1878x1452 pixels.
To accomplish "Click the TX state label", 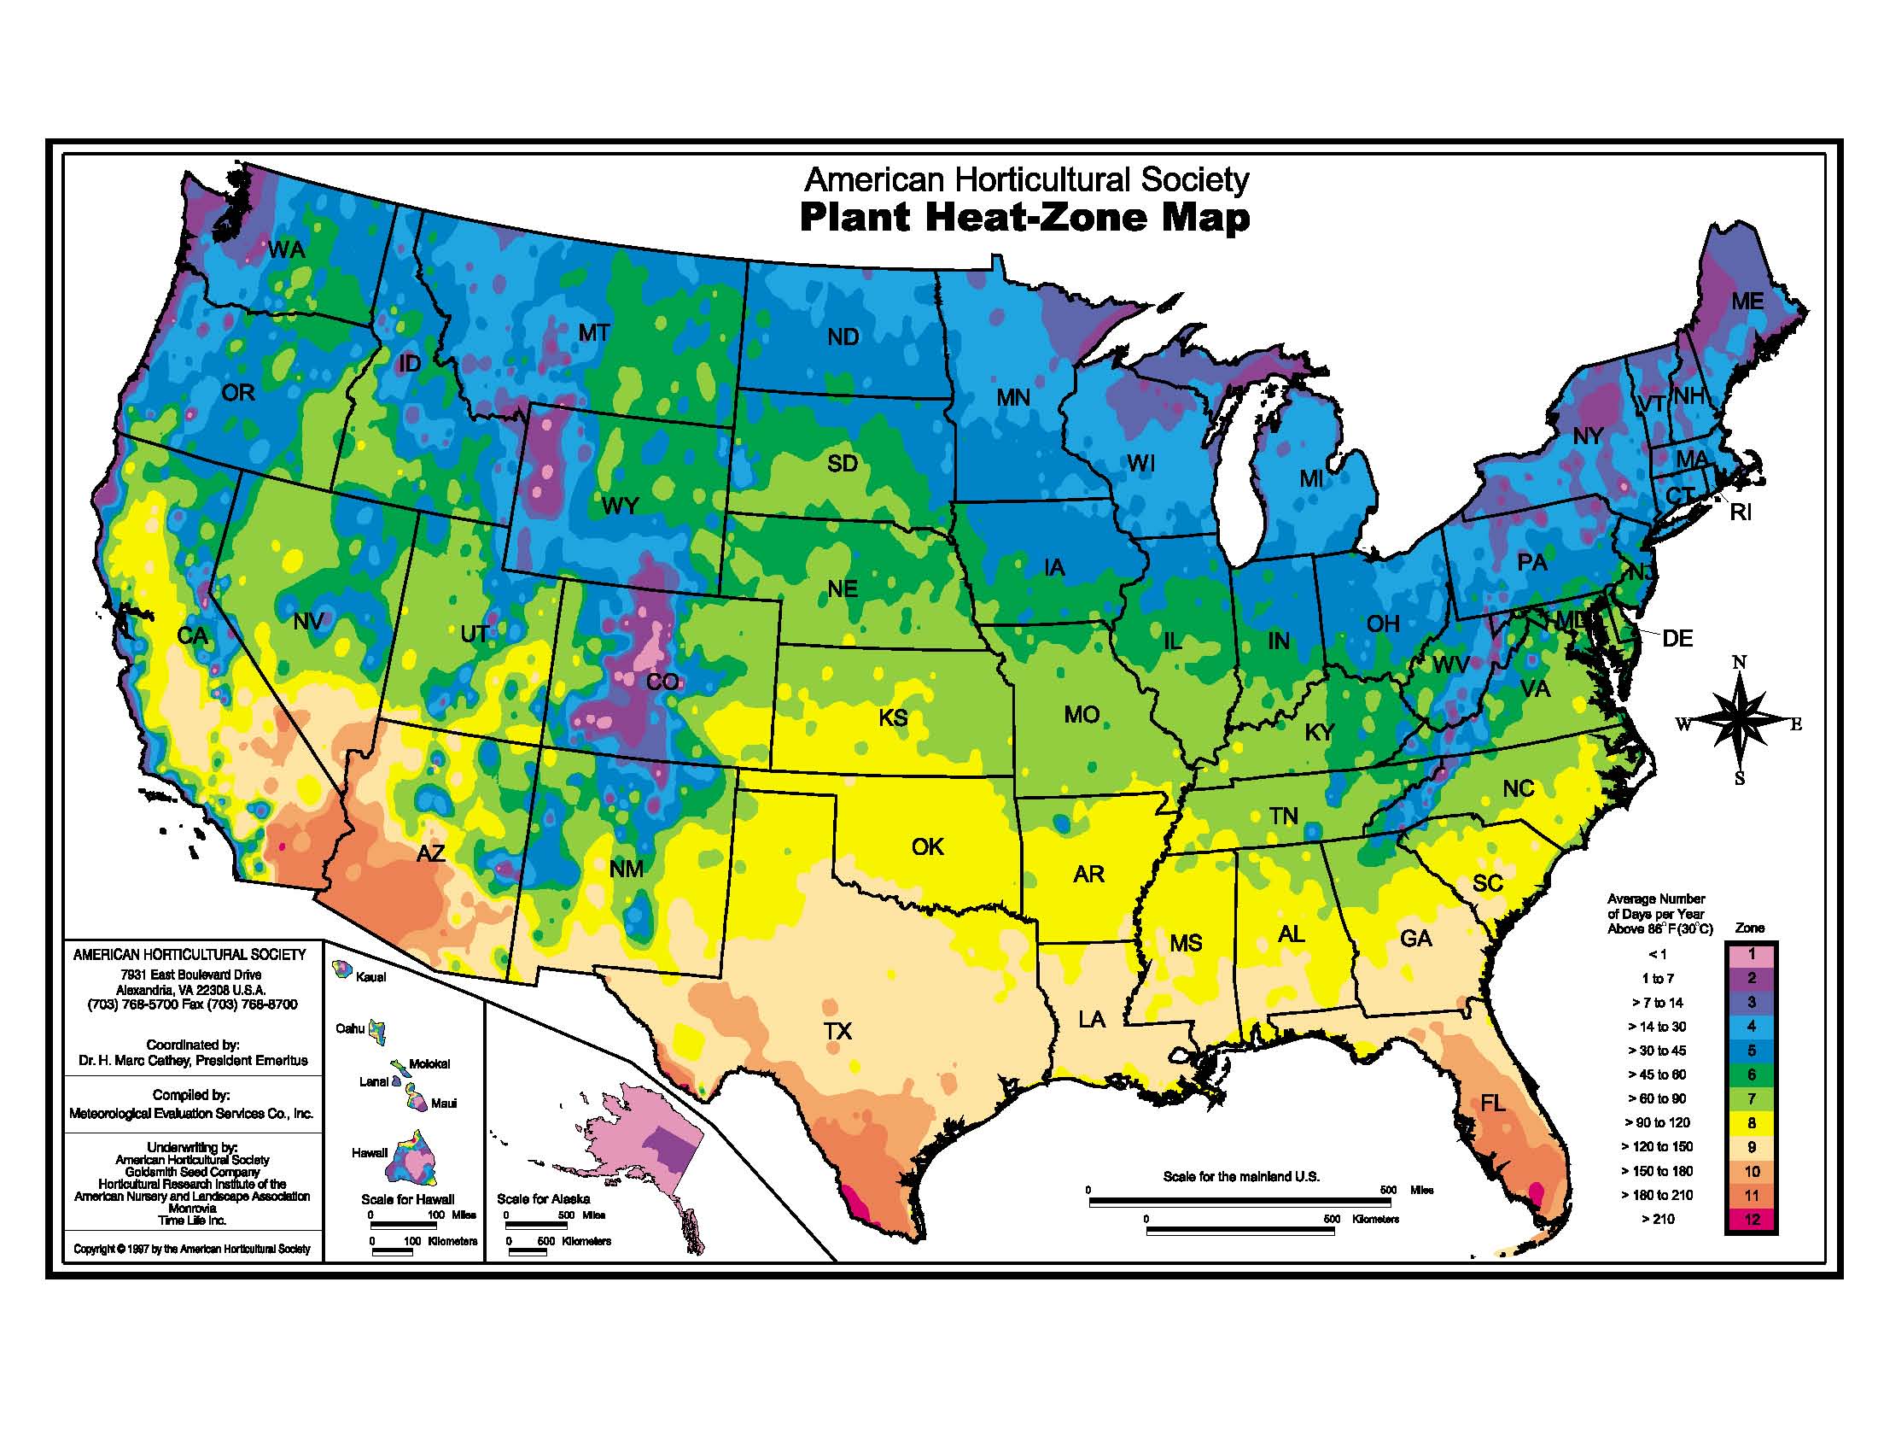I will [837, 1031].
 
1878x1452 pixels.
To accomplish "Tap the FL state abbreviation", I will [1492, 1102].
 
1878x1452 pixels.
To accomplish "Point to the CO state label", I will [662, 682].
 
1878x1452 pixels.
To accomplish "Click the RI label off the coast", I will [1741, 512].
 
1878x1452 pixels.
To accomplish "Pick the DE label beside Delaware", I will [1677, 638].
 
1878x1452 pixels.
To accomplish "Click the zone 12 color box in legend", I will [1752, 1219].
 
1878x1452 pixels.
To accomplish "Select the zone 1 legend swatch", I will [1752, 955].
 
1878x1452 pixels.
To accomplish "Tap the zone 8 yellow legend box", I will [1752, 1122].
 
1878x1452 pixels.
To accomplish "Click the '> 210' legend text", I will [1658, 1219].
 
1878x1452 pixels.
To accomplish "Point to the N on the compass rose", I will [1739, 661].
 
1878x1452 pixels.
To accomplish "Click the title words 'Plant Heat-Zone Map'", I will [1024, 217].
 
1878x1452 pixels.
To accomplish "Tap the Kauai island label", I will [370, 977].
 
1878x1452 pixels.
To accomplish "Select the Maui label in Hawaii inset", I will [444, 1103].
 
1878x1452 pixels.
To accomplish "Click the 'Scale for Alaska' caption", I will [544, 1198].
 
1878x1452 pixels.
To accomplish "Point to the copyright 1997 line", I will [192, 1248].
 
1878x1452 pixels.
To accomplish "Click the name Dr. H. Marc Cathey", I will [193, 1061].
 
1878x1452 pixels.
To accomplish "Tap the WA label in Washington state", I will [286, 249].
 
